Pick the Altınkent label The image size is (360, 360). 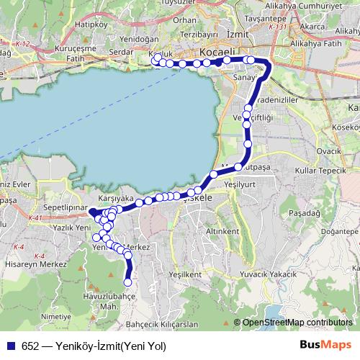click(x=222, y=232)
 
